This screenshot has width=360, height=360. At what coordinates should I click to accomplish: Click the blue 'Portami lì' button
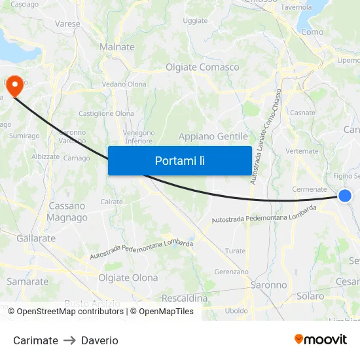coord(179,160)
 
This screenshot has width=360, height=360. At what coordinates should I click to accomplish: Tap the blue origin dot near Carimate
coord(345,196)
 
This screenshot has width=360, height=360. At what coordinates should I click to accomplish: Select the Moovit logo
coord(320,340)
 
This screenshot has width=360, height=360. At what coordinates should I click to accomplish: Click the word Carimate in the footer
coord(35,340)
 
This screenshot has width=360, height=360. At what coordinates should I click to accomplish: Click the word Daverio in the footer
coord(99,340)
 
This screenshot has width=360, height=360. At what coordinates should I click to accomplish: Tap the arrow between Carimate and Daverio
coord(69,340)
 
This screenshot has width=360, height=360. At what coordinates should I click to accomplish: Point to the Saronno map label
coord(268,285)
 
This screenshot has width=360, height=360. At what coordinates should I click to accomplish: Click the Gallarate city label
coord(36,238)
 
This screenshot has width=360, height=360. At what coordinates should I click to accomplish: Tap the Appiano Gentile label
coord(213,136)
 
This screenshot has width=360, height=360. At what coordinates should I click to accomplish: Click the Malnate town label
coord(117,47)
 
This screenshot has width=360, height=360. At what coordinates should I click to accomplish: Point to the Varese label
coord(67,24)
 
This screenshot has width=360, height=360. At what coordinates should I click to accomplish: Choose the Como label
coord(312,31)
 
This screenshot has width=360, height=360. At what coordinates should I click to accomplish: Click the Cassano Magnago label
coord(67,211)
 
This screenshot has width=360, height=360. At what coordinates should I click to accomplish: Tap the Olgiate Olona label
coord(128,278)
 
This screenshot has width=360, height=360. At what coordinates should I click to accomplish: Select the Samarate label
coord(27,281)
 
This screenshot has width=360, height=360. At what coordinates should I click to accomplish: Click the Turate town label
coord(235,251)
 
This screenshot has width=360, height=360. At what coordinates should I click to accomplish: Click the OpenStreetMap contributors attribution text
coord(71,312)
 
